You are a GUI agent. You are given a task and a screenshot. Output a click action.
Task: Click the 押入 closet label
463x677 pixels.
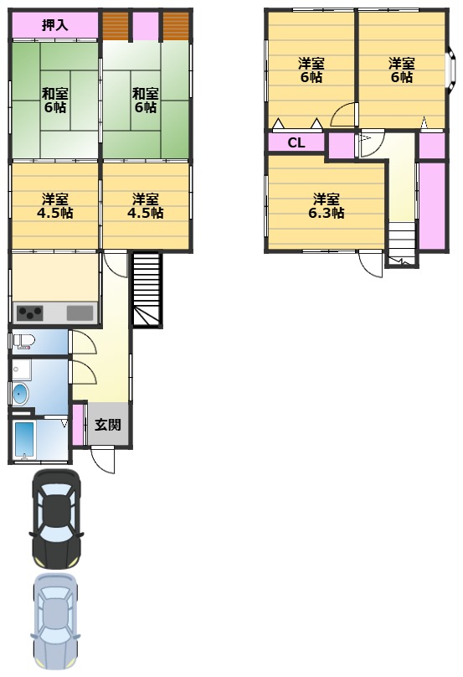54,25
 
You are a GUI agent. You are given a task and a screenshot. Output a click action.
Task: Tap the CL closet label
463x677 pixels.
296,142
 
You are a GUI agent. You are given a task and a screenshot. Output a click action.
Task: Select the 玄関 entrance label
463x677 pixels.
108,425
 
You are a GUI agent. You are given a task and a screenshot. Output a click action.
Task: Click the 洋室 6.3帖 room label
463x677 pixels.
327,206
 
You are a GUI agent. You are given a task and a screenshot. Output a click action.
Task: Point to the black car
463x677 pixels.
57,519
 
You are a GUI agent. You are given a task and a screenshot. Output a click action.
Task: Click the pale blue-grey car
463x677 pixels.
56,622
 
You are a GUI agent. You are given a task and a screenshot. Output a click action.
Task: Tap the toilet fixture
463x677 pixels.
23,342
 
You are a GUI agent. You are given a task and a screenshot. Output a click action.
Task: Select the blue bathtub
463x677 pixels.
24,440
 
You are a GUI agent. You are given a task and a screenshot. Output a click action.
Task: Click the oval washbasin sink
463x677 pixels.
20,394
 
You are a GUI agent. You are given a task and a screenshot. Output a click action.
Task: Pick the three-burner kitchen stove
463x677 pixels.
30,313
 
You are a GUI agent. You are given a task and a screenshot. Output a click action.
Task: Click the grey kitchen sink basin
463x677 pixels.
80,313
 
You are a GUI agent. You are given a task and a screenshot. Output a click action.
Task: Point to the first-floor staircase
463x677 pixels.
147,290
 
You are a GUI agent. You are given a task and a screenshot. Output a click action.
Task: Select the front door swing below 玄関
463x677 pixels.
103,460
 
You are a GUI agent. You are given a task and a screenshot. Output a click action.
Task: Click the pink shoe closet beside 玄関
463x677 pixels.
78,425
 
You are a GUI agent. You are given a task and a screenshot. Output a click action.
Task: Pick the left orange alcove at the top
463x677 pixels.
116,26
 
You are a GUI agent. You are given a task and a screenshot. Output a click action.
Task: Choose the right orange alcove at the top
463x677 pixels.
176,26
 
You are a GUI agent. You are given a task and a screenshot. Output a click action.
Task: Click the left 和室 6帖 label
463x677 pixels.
54,100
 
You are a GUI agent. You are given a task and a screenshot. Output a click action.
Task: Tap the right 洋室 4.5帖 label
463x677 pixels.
146,206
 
